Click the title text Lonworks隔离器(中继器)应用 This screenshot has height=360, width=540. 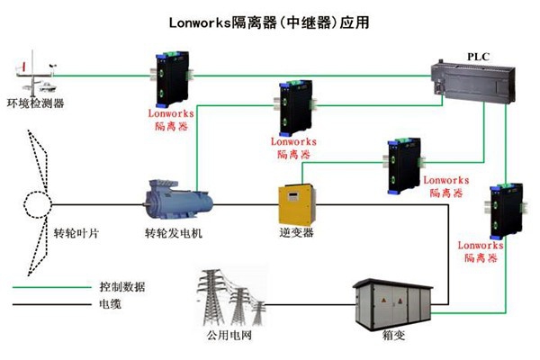tap(269, 20)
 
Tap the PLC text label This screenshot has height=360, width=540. tap(477, 56)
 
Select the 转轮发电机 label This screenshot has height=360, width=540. tap(174, 233)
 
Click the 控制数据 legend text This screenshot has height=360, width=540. tap(123, 286)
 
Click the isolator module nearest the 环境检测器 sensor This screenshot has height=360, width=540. tap(172, 76)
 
